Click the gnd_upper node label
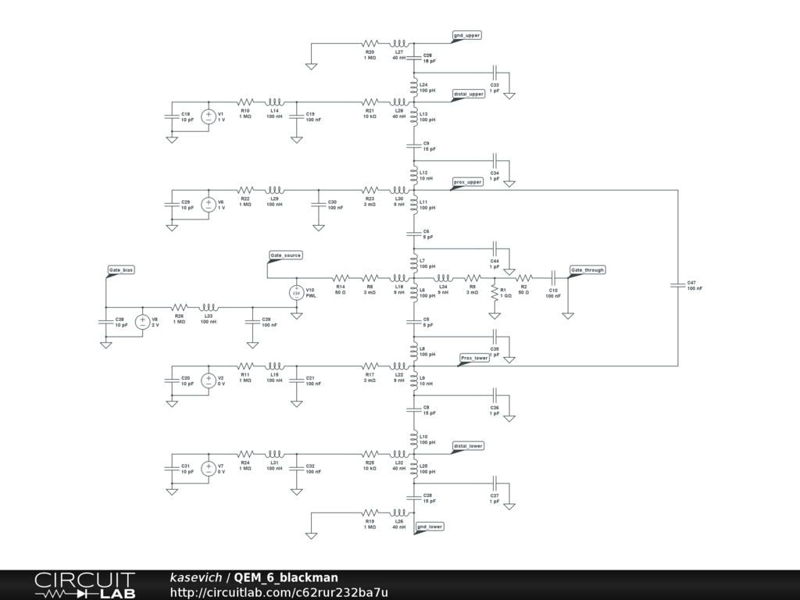pyautogui.click(x=467, y=35)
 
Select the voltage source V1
pyautogui.click(x=209, y=116)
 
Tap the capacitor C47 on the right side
pyautogui.click(x=677, y=285)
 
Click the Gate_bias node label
pyautogui.click(x=120, y=270)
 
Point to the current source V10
pyautogui.click(x=297, y=292)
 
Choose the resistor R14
pyautogui.click(x=341, y=277)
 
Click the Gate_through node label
pyautogui.click(x=587, y=270)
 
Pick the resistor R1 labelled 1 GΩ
pyautogui.click(x=494, y=291)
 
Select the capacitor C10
pyautogui.click(x=552, y=277)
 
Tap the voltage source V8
pyautogui.click(x=143, y=321)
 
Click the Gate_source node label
pyautogui.click(x=285, y=255)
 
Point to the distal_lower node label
pyautogui.click(x=468, y=446)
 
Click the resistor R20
pyautogui.click(x=370, y=44)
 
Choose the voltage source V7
pyautogui.click(x=209, y=468)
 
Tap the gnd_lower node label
pyautogui.click(x=430, y=527)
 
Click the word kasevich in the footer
pyautogui.click(x=197, y=577)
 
